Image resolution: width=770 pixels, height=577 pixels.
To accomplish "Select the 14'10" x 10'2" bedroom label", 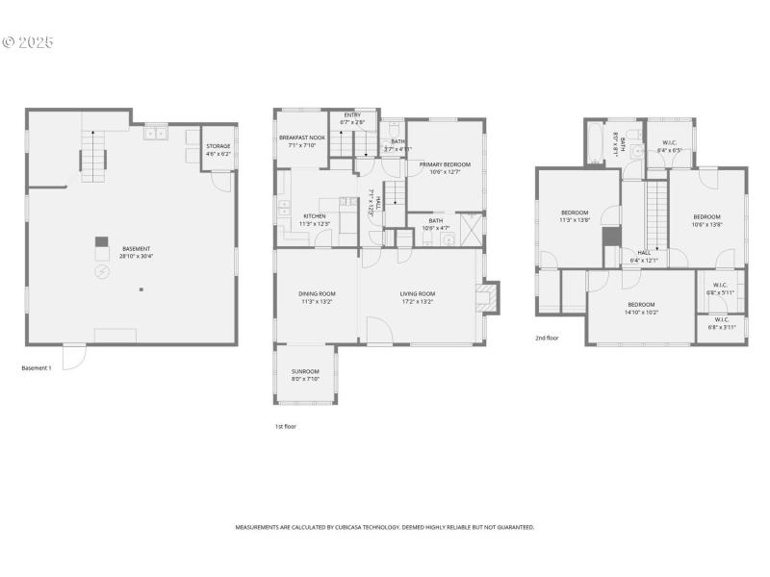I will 641,308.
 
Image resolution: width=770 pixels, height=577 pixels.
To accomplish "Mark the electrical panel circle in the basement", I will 102,272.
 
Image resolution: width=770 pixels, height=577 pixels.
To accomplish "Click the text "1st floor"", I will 285,425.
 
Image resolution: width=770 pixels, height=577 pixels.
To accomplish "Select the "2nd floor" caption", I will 547,339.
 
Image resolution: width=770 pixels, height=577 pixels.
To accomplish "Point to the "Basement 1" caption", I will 37,367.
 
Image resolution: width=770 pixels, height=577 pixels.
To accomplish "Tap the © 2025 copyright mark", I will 28,43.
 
